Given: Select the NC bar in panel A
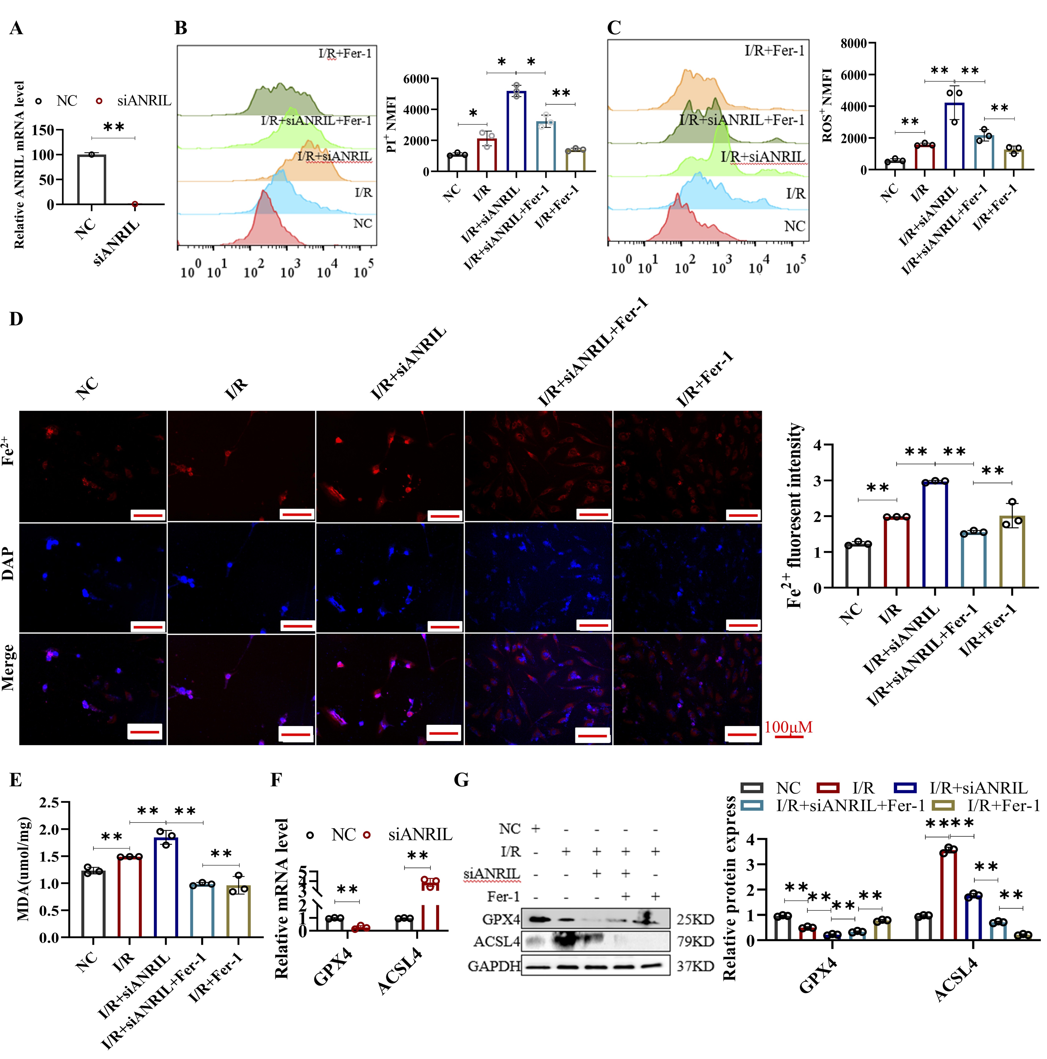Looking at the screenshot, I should pos(91,180).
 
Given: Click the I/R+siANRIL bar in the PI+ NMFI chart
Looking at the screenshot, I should pos(516,132).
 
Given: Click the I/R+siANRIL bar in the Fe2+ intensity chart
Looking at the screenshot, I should pos(935,534).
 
